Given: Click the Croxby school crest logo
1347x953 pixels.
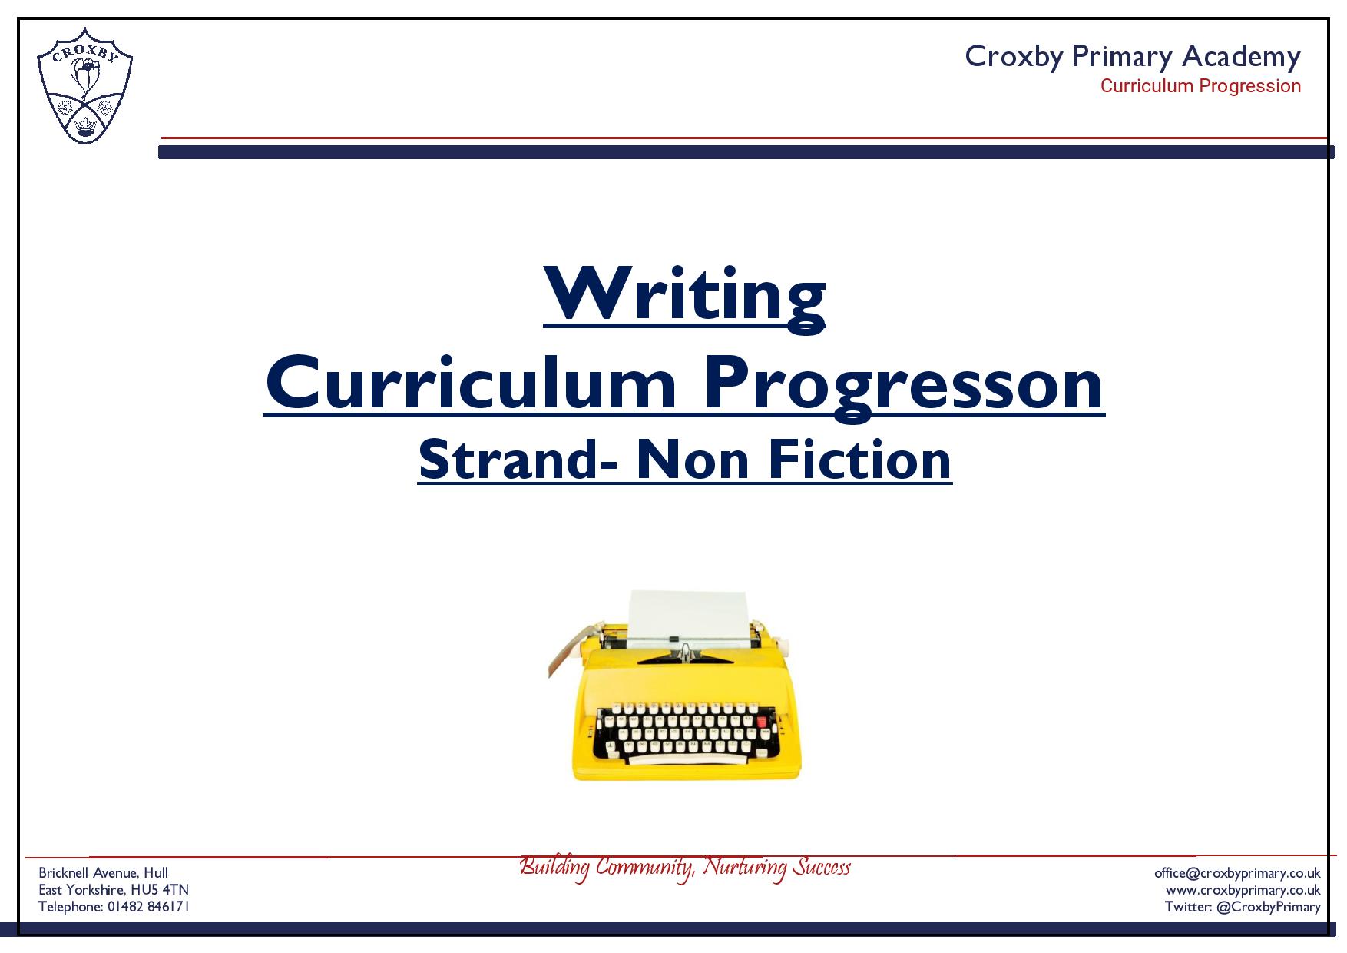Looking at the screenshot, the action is [84, 85].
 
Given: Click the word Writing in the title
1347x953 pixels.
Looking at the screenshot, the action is [684, 294].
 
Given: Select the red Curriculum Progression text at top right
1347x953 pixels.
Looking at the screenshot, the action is [1200, 86].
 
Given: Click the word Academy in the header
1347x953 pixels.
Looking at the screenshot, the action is [1241, 57].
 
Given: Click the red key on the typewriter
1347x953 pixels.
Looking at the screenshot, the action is [762, 721].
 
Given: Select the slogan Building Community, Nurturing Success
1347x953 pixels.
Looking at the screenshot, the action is [685, 867].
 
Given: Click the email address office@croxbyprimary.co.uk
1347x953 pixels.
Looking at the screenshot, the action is [1237, 873].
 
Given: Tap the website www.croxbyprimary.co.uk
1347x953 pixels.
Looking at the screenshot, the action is [1243, 890].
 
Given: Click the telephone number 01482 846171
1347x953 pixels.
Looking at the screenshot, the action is [148, 907].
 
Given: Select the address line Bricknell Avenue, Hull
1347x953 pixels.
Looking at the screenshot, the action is [104, 873].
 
